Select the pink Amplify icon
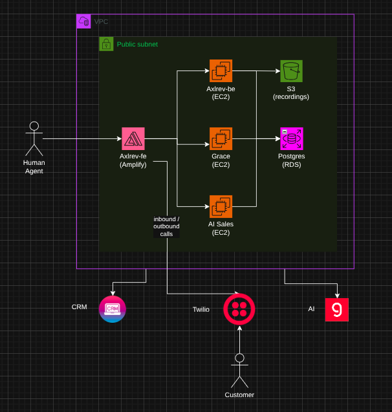tap(133, 138)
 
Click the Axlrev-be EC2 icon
tap(221, 71)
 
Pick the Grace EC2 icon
tap(221, 138)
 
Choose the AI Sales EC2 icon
tap(221, 206)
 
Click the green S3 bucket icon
tap(291, 71)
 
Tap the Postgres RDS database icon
tap(291, 138)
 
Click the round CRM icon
tap(113, 309)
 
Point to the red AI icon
tap(336, 309)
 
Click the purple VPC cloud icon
tap(84, 21)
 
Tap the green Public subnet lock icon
tap(106, 44)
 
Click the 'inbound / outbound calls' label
tap(166, 226)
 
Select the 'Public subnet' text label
tap(137, 45)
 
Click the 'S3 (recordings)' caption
tap(291, 92)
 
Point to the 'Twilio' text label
tap(201, 310)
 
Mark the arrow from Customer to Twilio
tap(239, 338)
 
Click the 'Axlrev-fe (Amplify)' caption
tap(133, 160)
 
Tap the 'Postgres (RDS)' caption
tap(291, 160)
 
